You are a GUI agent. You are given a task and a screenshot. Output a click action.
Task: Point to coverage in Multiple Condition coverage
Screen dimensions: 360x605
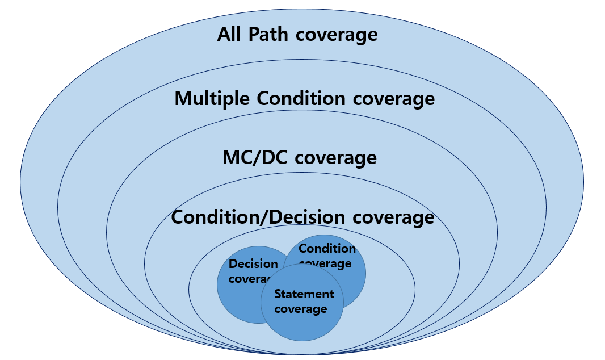(394, 99)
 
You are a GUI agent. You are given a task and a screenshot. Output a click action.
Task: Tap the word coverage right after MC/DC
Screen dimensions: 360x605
(336, 158)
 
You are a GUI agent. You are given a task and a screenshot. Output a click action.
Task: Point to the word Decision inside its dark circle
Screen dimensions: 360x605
(253, 264)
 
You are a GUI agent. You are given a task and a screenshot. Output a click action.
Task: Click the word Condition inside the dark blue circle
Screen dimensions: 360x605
(327, 249)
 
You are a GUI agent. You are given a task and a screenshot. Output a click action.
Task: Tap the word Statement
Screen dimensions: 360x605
(304, 294)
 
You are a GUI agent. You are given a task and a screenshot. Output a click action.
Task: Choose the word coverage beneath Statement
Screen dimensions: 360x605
(301, 309)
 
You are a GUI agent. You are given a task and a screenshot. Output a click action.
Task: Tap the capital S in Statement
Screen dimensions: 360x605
(278, 294)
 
